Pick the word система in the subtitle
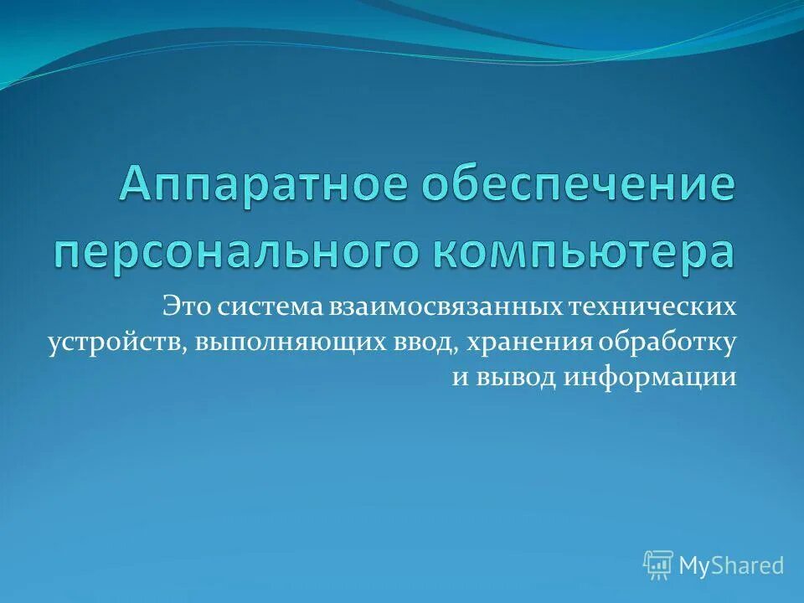click(x=268, y=307)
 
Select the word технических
click(x=653, y=307)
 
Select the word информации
click(x=650, y=377)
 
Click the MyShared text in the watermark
click(x=731, y=566)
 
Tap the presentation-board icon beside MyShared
click(x=658, y=566)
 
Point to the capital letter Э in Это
click(x=171, y=307)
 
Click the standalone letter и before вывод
click(x=459, y=379)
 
